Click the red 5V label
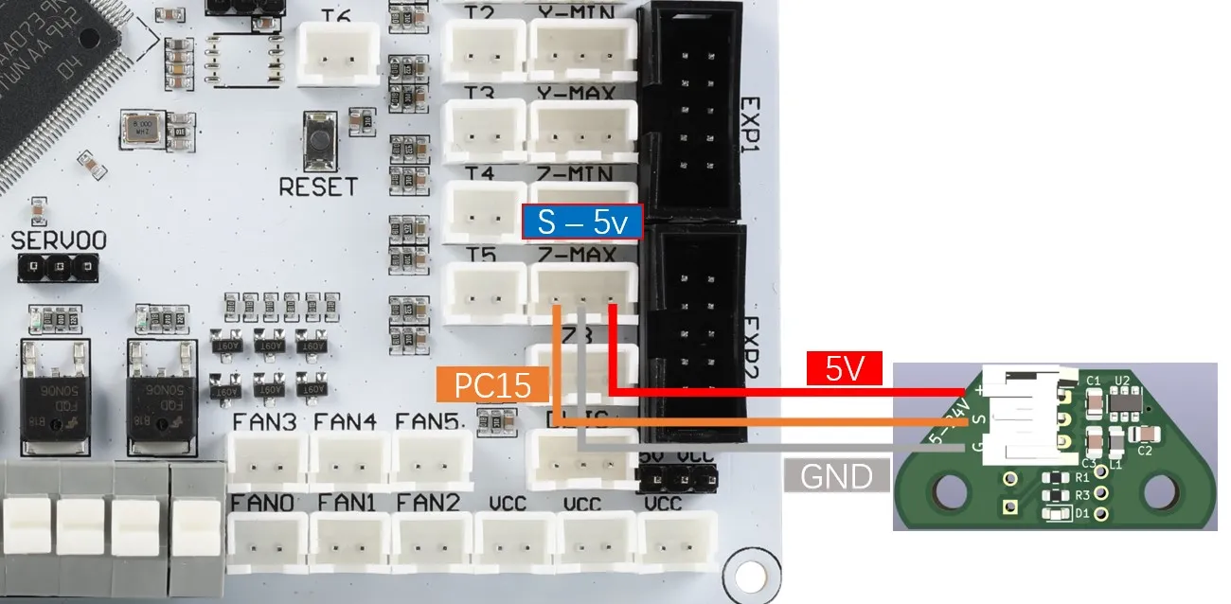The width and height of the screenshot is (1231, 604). tap(845, 368)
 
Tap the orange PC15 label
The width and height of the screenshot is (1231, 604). tap(493, 385)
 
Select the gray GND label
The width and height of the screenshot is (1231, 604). tap(836, 475)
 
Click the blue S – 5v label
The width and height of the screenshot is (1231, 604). tap(582, 222)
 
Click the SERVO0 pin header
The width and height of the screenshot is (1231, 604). tap(59, 267)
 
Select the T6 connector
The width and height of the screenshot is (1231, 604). tap(338, 54)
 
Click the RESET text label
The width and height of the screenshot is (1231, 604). tap(318, 187)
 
